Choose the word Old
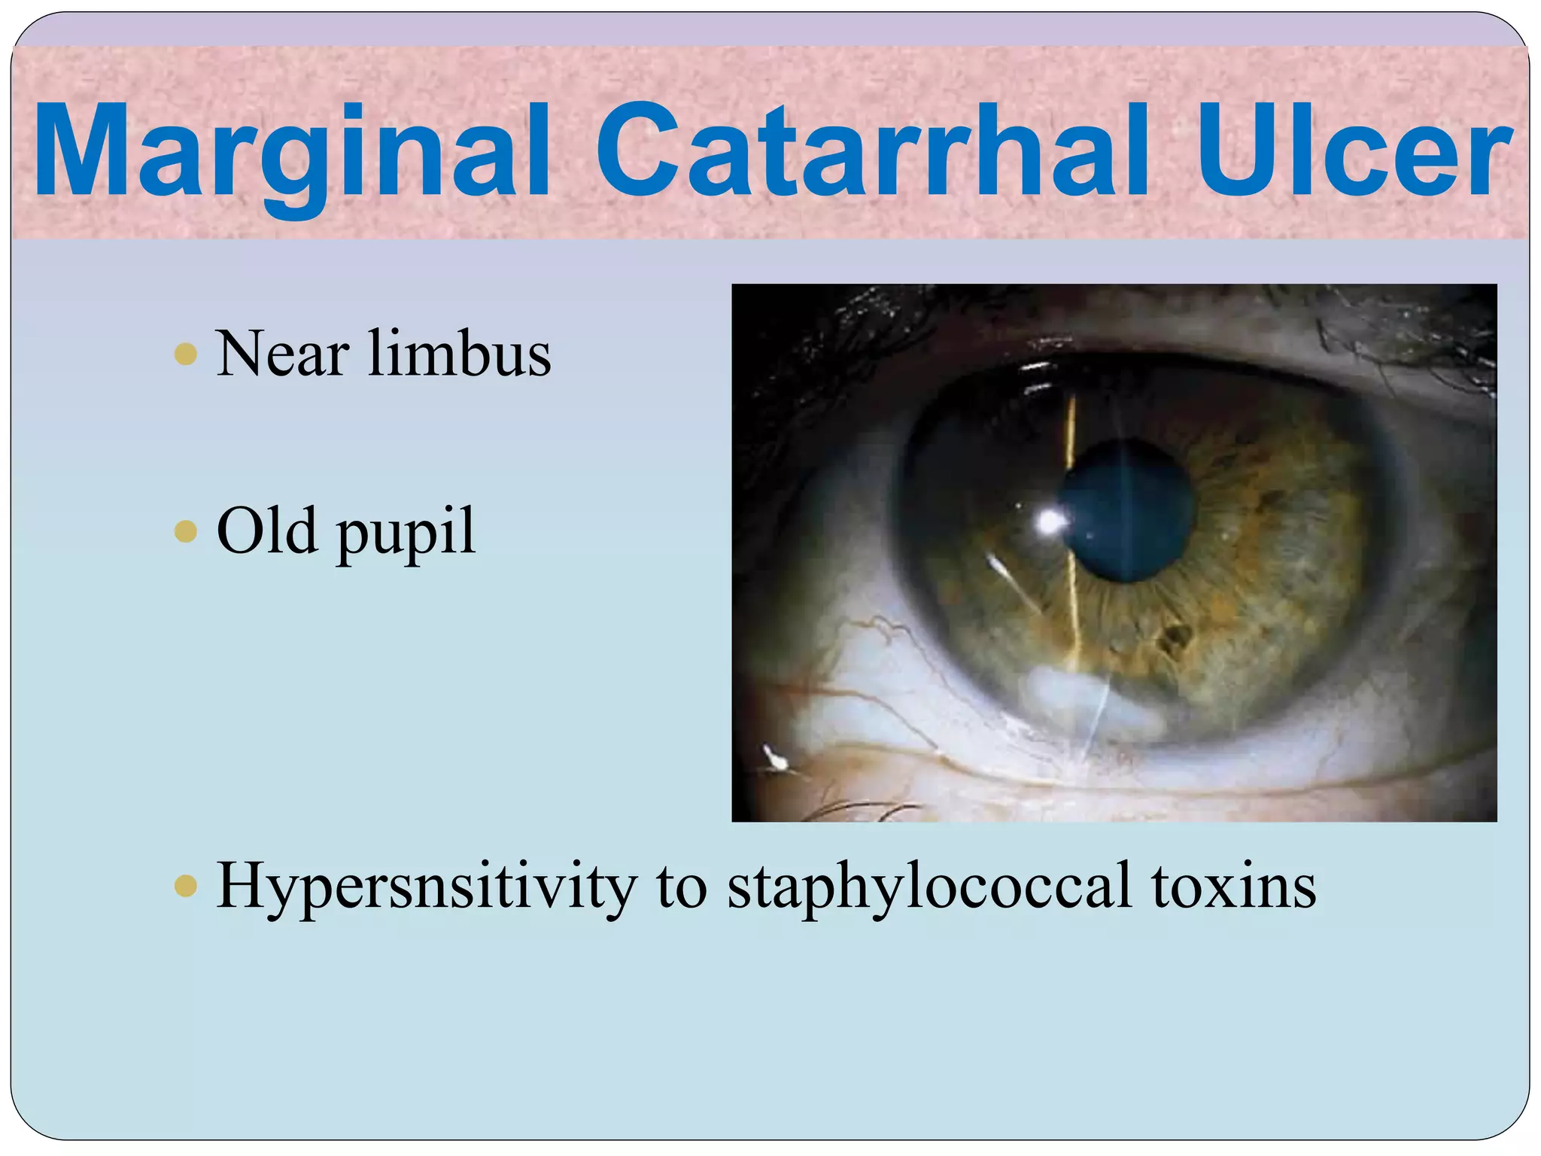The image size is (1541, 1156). [267, 531]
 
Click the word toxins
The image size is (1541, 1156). [1234, 887]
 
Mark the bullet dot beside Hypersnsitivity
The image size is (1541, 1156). [185, 886]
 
